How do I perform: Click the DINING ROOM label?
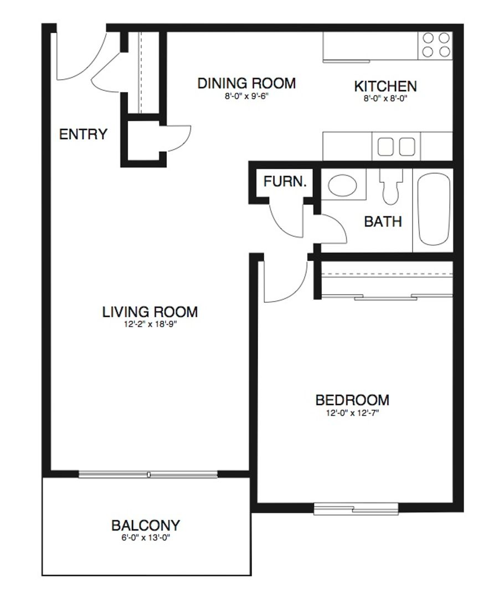click(246, 83)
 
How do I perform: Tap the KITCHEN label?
click(385, 86)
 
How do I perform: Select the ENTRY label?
click(83, 134)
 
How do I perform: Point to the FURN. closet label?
click(285, 181)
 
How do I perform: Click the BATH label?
click(383, 221)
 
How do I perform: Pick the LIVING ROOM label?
click(150, 312)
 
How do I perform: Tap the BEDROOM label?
click(352, 400)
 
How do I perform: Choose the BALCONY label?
click(145, 525)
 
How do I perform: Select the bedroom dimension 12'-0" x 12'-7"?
click(352, 413)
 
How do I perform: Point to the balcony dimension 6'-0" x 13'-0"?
click(145, 538)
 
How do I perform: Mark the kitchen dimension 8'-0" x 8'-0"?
click(385, 99)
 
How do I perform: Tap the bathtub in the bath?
click(434, 209)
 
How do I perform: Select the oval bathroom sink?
click(343, 185)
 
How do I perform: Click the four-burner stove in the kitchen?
click(436, 45)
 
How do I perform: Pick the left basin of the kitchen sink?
click(385, 146)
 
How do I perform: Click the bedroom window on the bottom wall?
click(356, 509)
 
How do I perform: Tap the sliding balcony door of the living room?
click(148, 475)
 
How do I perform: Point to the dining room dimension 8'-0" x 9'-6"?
click(247, 96)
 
